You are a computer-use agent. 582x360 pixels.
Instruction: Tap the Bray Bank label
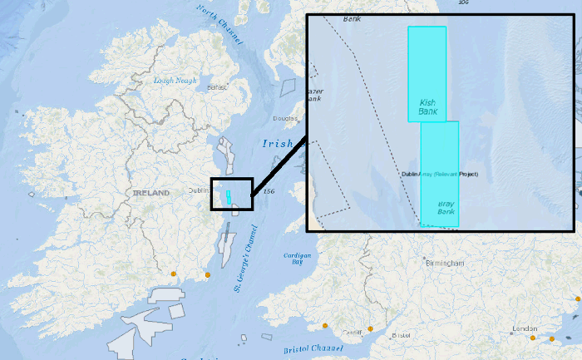click(x=447, y=207)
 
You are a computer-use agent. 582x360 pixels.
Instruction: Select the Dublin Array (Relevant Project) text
click(x=440, y=174)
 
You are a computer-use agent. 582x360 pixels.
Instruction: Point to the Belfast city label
click(x=217, y=86)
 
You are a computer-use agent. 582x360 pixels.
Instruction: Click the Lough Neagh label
click(x=174, y=81)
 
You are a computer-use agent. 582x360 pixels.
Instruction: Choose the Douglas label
click(x=285, y=118)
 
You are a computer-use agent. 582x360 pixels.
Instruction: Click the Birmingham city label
click(x=446, y=263)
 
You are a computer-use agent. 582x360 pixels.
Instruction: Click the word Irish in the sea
click(x=277, y=143)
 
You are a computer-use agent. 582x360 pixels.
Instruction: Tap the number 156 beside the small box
click(x=268, y=192)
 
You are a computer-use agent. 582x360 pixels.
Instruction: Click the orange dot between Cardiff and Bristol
click(x=370, y=329)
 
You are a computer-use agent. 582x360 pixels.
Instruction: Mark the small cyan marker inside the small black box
click(x=227, y=197)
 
